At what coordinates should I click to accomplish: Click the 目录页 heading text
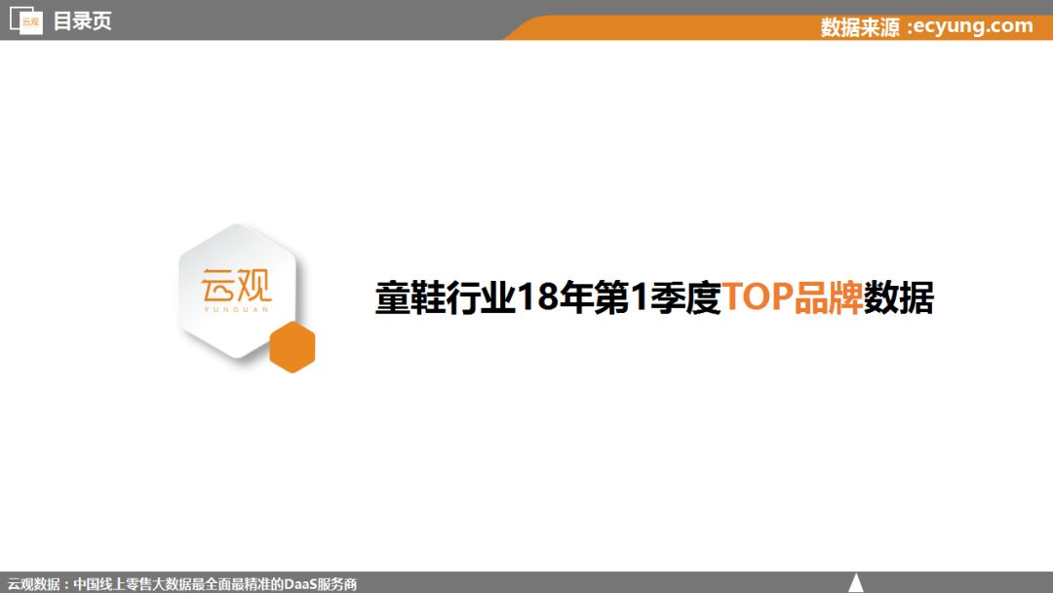pos(82,20)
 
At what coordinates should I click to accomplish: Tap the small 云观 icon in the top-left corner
pos(26,20)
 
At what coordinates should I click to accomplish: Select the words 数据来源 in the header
pos(860,27)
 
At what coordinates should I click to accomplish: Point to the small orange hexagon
pos(292,346)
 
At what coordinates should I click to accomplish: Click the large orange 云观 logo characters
pos(236,286)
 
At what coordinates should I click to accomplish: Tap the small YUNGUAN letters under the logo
pos(236,309)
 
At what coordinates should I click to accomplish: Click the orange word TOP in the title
pos(758,296)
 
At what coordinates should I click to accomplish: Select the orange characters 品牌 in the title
pos(828,297)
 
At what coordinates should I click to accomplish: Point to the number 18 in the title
pos(538,296)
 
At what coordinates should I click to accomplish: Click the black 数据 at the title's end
pos(899,297)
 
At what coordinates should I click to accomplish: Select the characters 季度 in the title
pos(685,297)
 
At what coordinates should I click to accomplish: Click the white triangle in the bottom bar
pos(856,582)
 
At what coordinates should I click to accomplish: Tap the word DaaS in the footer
pos(300,584)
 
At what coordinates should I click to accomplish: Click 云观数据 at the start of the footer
pos(33,584)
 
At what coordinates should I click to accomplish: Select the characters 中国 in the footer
pos(86,584)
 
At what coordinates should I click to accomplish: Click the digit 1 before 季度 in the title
pos(640,296)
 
